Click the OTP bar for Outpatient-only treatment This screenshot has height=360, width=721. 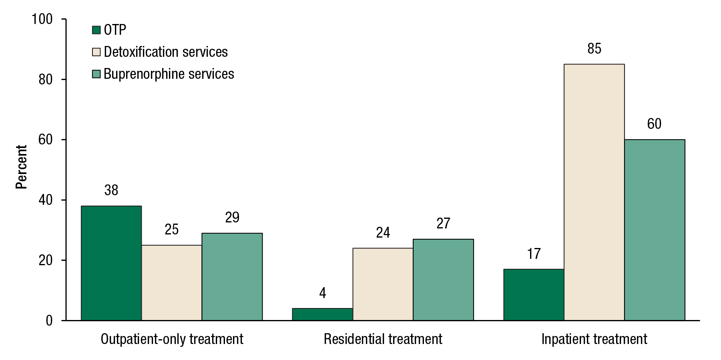pyautogui.click(x=111, y=263)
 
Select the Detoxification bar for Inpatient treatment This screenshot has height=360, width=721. pyautogui.click(x=594, y=192)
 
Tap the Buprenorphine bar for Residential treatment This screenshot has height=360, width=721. pyautogui.click(x=443, y=280)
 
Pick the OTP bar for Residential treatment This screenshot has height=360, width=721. pyautogui.click(x=322, y=314)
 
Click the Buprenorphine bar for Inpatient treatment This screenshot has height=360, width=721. pyautogui.click(x=655, y=230)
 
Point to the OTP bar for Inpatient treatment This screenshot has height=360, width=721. pyautogui.click(x=534, y=294)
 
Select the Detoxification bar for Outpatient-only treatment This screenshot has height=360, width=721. pyautogui.click(x=172, y=282)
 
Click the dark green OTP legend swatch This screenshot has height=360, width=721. pyautogui.click(x=96, y=30)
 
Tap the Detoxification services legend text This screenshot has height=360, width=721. pyautogui.click(x=166, y=52)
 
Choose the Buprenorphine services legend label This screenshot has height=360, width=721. pyautogui.click(x=169, y=74)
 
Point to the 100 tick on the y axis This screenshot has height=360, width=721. pyautogui.click(x=42, y=19)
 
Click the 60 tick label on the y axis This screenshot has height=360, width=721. pyautogui.click(x=46, y=140)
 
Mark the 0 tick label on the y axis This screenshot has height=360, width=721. pyautogui.click(x=49, y=320)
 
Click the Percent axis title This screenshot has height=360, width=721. pyautogui.click(x=21, y=167)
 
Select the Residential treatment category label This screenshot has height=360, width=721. pyautogui.click(x=383, y=339)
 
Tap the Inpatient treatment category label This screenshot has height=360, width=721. pyautogui.click(x=594, y=339)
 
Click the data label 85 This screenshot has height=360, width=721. pyautogui.click(x=594, y=49)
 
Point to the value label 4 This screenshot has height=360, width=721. pyautogui.click(x=322, y=293)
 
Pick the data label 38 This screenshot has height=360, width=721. pyautogui.click(x=111, y=190)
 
